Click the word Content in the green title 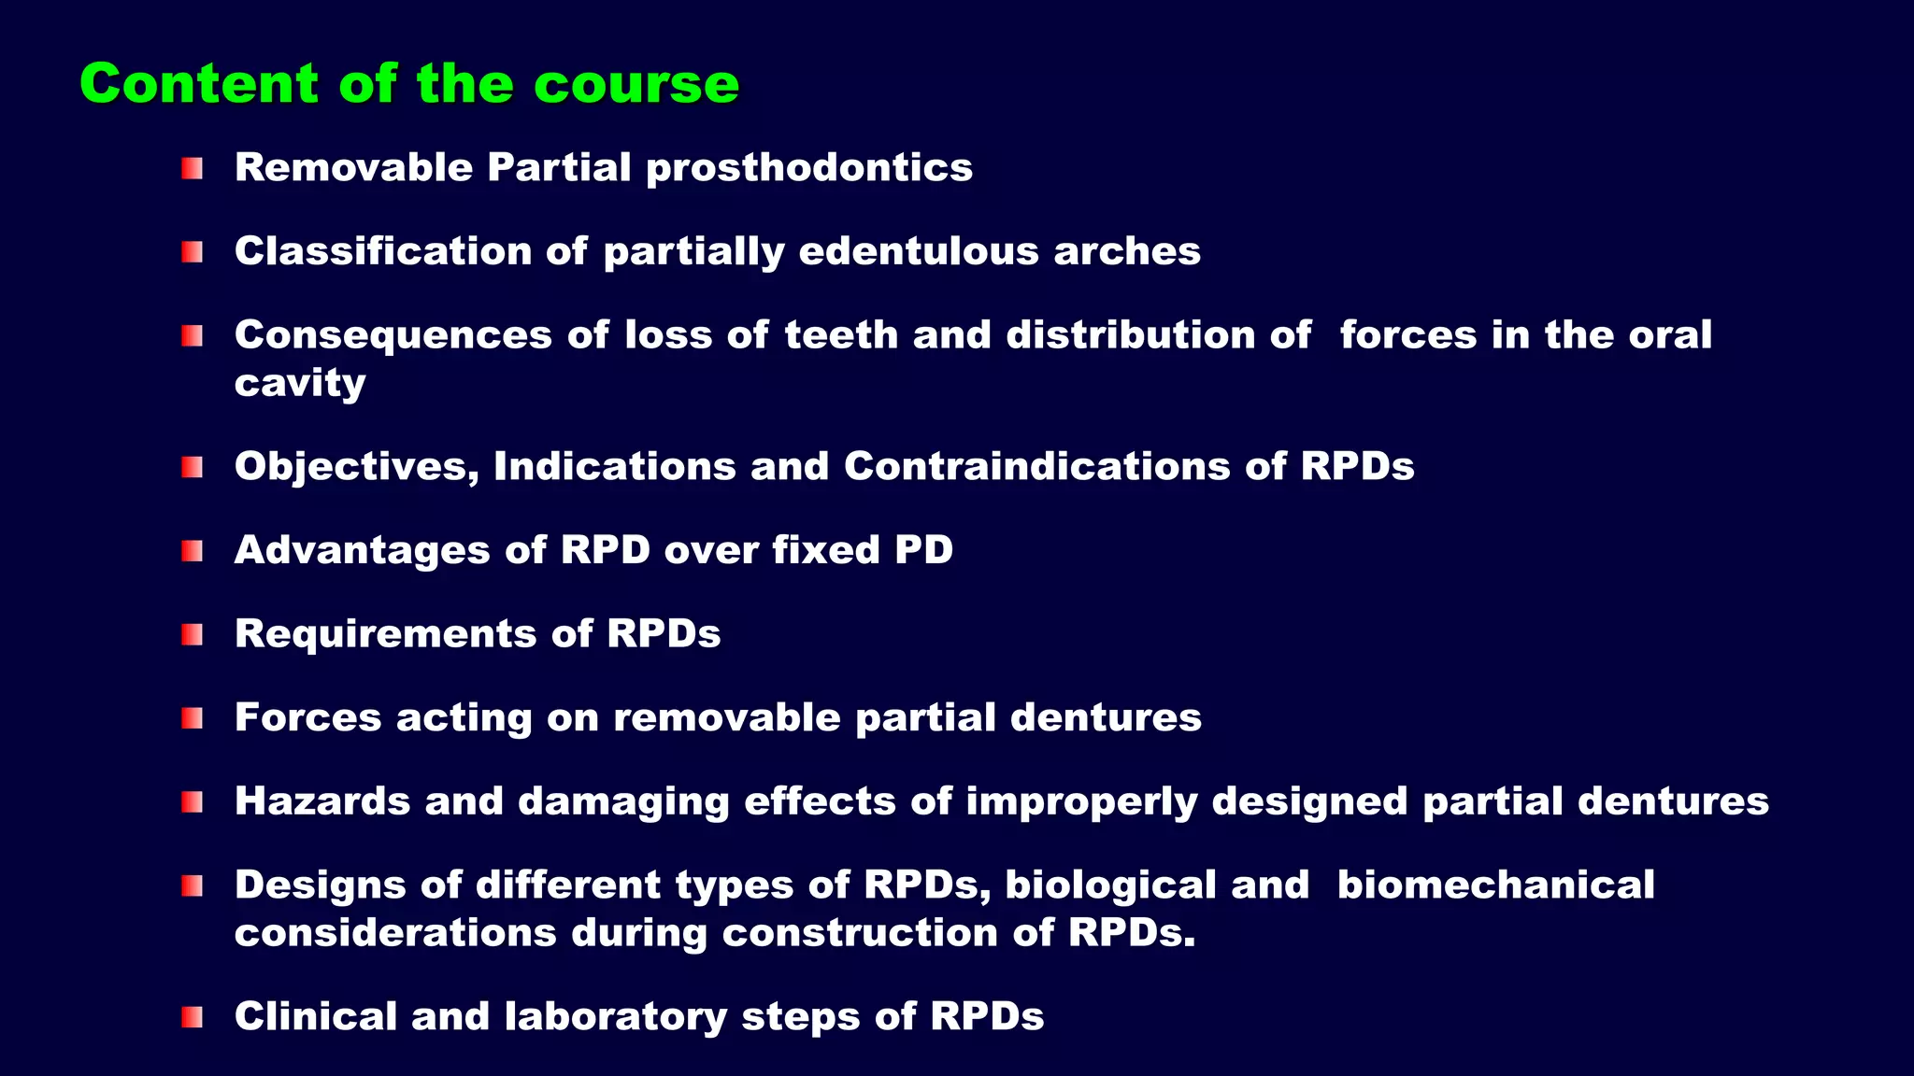199,84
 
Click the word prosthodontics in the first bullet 809,168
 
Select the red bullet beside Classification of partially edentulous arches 193,252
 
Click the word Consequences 393,335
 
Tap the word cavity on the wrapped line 299,384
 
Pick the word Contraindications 1036,466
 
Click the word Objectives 355,466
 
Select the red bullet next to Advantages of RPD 193,551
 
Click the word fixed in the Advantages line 826,550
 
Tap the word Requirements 385,634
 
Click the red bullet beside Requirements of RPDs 193,635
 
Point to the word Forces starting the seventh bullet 307,717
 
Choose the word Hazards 322,801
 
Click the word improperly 1080,802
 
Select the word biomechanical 1495,885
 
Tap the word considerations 395,933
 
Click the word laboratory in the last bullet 615,1016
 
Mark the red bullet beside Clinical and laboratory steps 193,1017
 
